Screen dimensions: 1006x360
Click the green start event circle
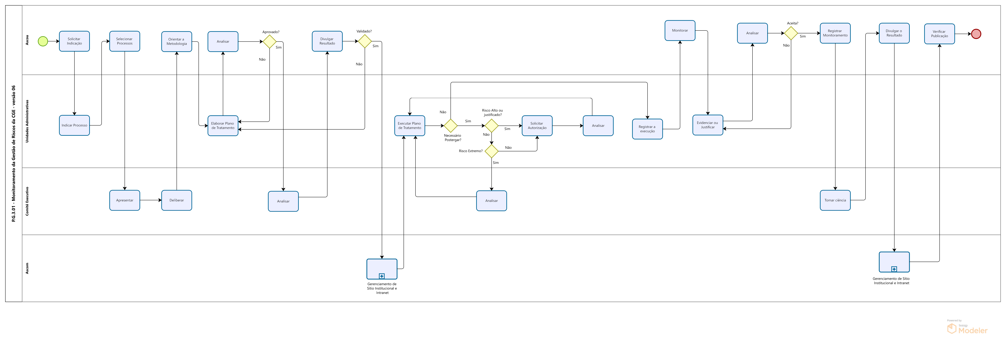click(43, 41)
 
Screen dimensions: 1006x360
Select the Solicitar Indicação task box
click(74, 41)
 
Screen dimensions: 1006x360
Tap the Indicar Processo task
click(74, 125)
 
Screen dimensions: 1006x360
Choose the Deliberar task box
click(177, 200)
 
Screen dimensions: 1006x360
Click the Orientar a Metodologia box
click(177, 41)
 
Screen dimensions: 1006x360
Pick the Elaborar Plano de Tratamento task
click(223, 126)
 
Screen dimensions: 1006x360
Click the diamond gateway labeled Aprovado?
click(269, 41)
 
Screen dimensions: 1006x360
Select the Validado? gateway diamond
click(365, 41)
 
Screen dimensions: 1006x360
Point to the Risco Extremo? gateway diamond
click(491, 151)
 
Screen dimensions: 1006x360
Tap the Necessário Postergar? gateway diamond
click(451, 126)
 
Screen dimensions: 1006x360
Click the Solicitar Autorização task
click(537, 126)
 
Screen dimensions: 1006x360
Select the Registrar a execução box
click(648, 129)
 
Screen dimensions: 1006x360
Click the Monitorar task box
click(680, 31)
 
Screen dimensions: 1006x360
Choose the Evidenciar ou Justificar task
click(708, 125)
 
